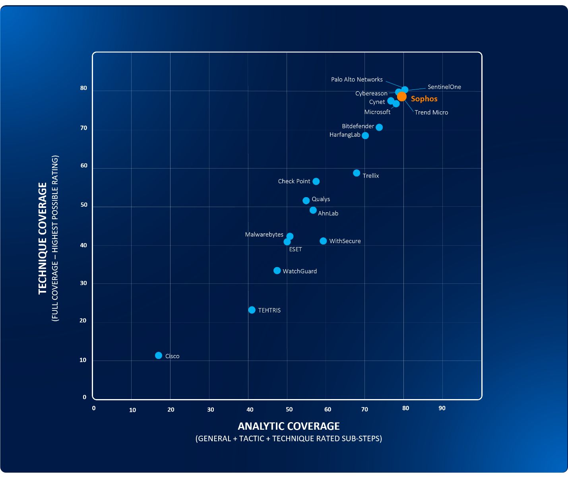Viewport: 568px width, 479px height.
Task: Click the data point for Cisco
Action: coord(159,355)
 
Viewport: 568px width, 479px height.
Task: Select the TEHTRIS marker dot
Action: coord(252,310)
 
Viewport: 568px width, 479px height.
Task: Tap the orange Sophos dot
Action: coord(402,97)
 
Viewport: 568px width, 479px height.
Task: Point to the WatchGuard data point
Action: coord(277,271)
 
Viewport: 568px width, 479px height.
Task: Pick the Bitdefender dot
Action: coord(379,127)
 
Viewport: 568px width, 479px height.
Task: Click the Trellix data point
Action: coord(357,173)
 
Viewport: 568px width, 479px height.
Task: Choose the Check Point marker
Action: coord(316,182)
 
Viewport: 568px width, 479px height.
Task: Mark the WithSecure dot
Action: coord(323,241)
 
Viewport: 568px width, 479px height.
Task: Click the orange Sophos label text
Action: coord(424,99)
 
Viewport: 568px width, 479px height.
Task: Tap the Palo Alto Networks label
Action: coord(357,80)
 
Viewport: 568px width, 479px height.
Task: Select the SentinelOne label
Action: coord(444,87)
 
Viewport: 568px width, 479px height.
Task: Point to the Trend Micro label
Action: coord(431,112)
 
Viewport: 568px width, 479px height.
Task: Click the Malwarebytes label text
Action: coord(264,235)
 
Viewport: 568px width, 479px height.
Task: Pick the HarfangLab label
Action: coord(345,135)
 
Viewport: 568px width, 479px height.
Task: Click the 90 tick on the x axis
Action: coord(442,408)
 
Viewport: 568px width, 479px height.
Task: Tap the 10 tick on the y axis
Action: coord(83,360)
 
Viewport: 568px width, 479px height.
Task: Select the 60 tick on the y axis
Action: coord(84,166)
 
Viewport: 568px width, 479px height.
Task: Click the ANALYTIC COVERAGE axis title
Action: coord(289,426)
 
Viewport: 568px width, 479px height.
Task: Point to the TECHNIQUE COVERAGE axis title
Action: coord(43,239)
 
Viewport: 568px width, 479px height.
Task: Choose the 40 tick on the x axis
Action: coord(250,409)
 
